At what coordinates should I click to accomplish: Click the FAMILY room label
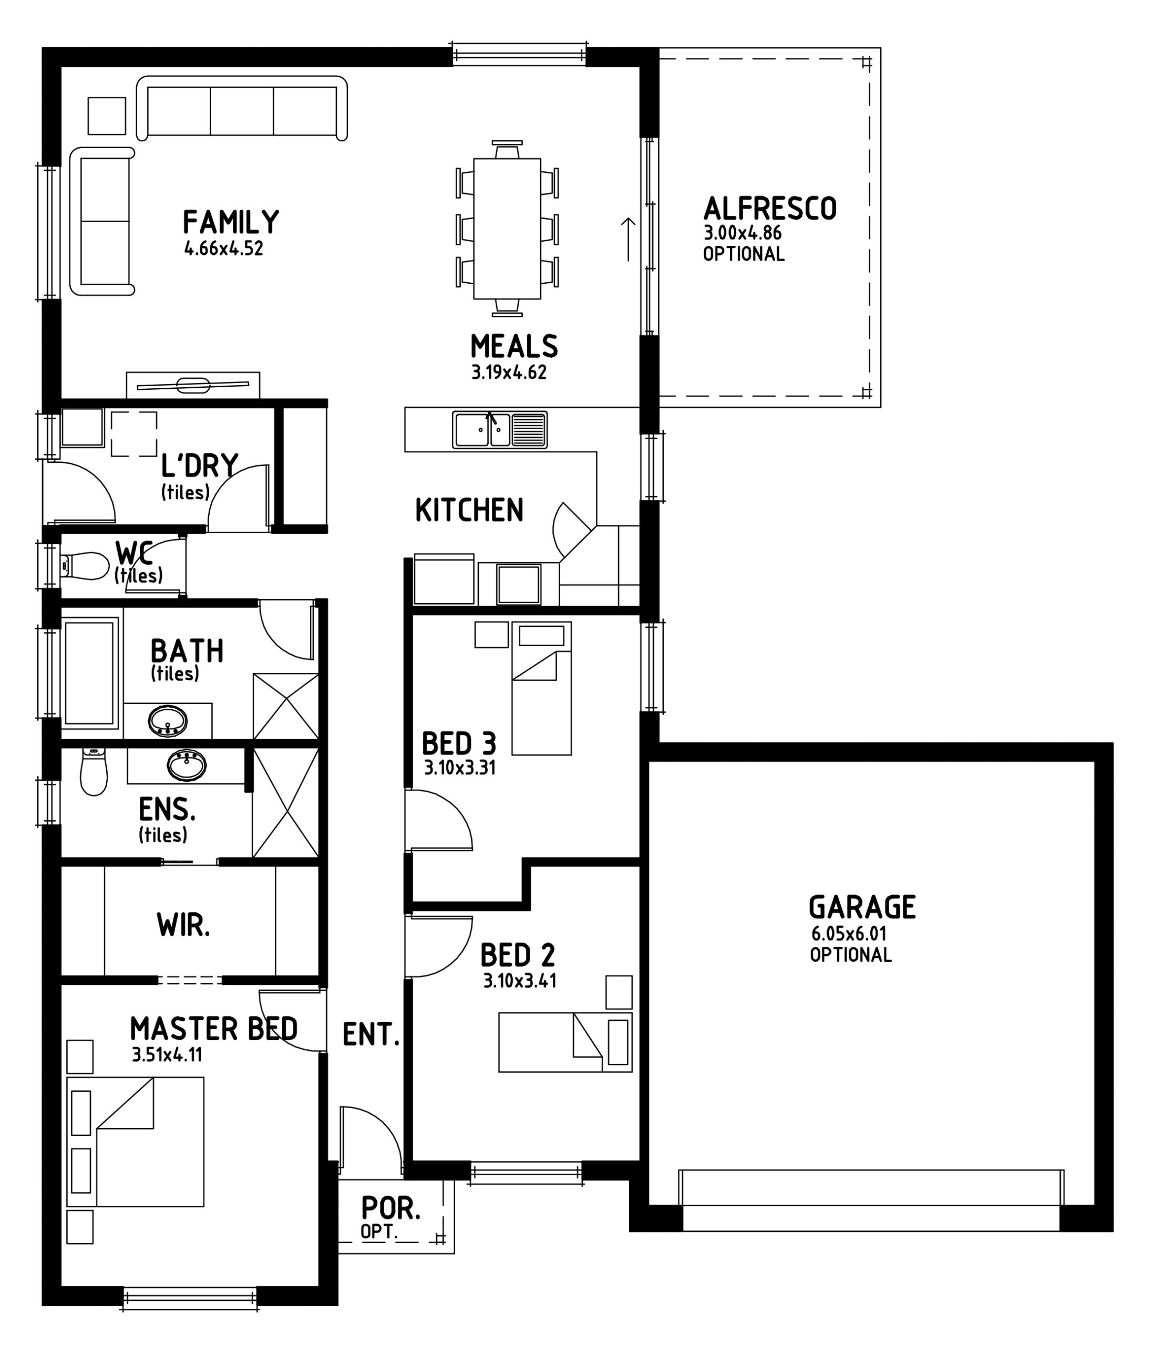click(x=231, y=222)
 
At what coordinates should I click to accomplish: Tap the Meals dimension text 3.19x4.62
click(x=509, y=373)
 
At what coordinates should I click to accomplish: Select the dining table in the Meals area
click(x=507, y=229)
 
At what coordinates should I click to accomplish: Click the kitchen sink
click(x=500, y=430)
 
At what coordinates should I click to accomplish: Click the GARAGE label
click(x=862, y=907)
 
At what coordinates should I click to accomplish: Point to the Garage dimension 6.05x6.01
click(x=849, y=934)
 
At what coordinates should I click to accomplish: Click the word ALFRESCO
click(x=770, y=209)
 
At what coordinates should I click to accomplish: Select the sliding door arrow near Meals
click(x=628, y=239)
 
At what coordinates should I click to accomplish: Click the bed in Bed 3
click(x=541, y=688)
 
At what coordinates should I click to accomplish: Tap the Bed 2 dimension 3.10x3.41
click(x=519, y=980)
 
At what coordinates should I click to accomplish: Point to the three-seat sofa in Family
click(x=242, y=107)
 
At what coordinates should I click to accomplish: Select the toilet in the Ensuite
click(x=94, y=772)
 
